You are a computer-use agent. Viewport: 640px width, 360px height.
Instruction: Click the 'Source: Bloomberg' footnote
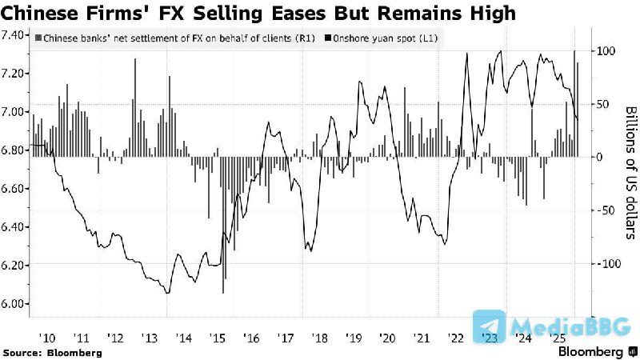(52, 352)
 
